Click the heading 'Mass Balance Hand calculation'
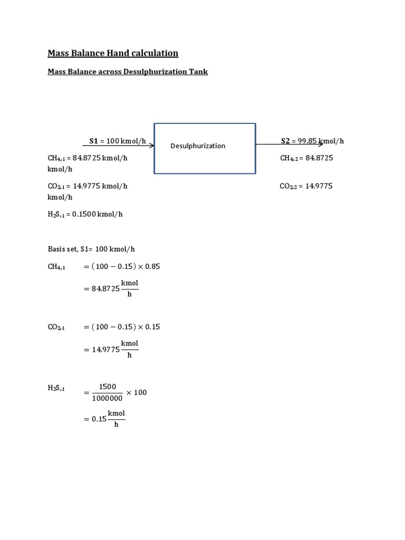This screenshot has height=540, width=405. (x=113, y=53)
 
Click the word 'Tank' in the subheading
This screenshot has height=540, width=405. (x=198, y=72)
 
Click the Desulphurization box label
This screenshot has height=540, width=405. (x=198, y=146)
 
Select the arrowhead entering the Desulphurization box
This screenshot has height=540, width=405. (x=151, y=145)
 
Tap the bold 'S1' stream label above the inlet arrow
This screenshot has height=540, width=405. (x=94, y=141)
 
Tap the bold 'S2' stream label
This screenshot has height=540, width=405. (x=285, y=141)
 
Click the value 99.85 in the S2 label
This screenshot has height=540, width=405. (x=307, y=141)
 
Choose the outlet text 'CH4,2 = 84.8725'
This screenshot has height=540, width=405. (x=306, y=158)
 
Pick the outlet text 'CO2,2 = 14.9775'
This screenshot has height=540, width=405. (x=306, y=186)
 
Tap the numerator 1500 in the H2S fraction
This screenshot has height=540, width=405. (x=107, y=387)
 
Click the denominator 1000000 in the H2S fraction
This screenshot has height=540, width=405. (x=107, y=399)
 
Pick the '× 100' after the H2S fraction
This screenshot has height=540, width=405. (x=137, y=393)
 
